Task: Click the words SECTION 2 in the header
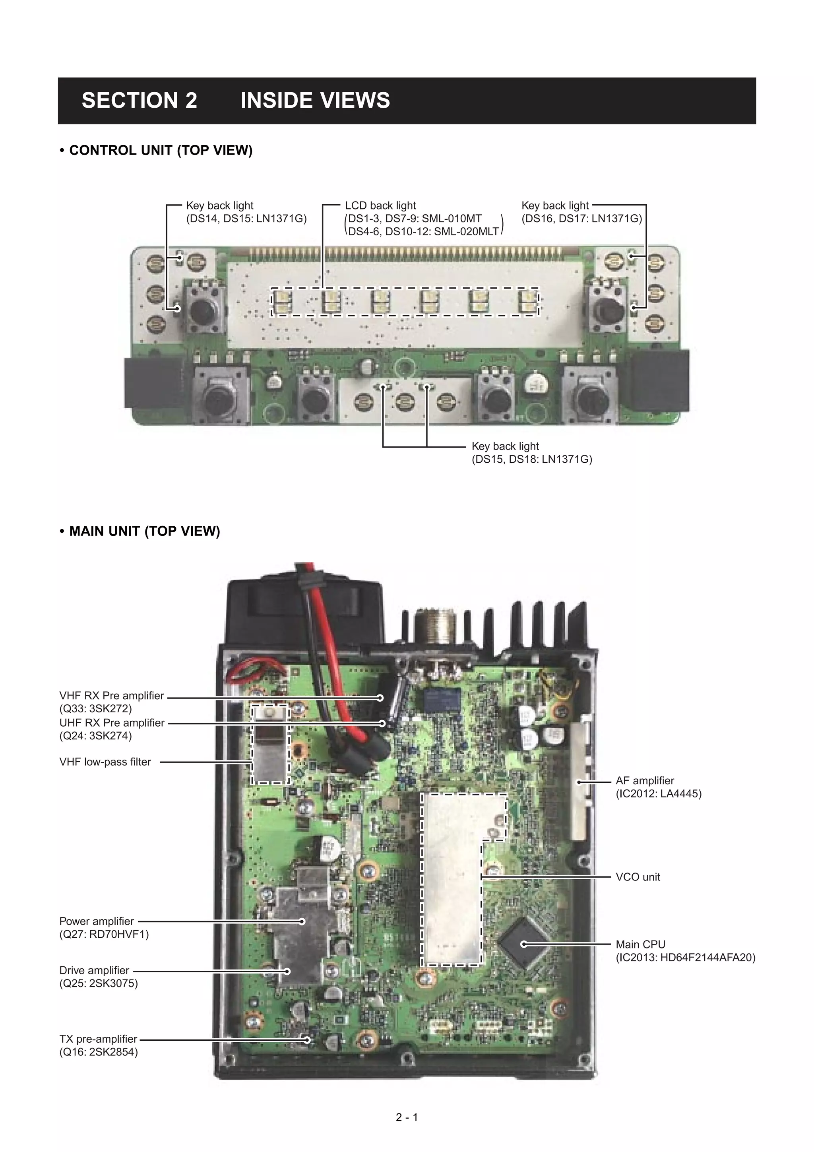pyautogui.click(x=139, y=100)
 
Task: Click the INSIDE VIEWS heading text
pyautogui.click(x=315, y=100)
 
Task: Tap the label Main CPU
pyautogui.click(x=640, y=944)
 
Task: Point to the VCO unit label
pyautogui.click(x=638, y=877)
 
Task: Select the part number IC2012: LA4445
pyautogui.click(x=658, y=793)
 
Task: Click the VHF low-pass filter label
pyautogui.click(x=105, y=762)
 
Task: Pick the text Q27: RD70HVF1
pyautogui.click(x=104, y=934)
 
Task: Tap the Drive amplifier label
pyautogui.click(x=94, y=970)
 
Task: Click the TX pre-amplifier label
pyautogui.click(x=98, y=1039)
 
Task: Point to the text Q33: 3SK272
pyautogui.click(x=95, y=708)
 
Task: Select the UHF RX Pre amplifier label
pyautogui.click(x=112, y=723)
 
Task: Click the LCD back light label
pyautogui.click(x=380, y=205)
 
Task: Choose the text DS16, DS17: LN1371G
pyautogui.click(x=581, y=218)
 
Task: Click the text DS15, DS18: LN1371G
pyautogui.click(x=532, y=459)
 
